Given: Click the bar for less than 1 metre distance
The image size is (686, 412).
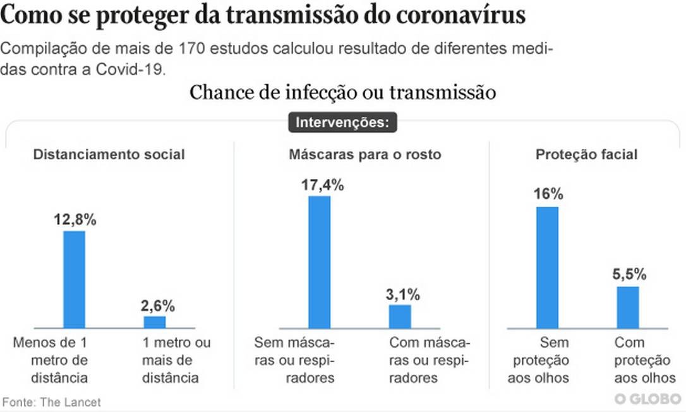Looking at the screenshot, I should coord(74,279).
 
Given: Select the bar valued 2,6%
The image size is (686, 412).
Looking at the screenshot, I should coord(155,322).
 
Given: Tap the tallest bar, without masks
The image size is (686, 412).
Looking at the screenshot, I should coord(319,262).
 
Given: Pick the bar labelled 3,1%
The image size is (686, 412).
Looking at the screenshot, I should coord(400,316).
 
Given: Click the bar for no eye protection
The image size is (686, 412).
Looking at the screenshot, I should coord(547,267).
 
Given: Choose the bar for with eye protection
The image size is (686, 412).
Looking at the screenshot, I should coord(628,307).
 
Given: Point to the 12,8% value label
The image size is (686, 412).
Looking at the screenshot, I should coord(74,220).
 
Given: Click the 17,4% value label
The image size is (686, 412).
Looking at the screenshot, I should coord(322,185).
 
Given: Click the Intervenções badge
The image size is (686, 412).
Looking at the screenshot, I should coord(343,122).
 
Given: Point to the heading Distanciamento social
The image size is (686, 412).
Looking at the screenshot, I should coord(109,154).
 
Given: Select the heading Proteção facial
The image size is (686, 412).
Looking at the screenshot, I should coord(586,154).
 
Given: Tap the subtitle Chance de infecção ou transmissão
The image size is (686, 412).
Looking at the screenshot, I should coord(342,92).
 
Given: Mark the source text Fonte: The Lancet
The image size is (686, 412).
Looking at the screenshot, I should coord(51,402).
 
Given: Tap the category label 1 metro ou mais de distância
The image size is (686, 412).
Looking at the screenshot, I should coord(174,360).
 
